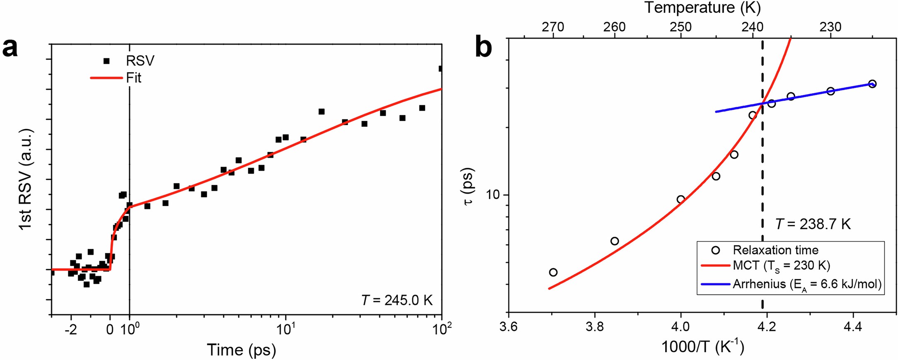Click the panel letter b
483,47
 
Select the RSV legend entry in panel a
140,61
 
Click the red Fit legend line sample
106,78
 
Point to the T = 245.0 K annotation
397,300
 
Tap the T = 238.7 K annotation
813,224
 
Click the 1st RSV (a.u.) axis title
26,179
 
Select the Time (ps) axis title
242,350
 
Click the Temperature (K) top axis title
702,7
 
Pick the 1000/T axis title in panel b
702,347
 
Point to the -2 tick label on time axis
71,330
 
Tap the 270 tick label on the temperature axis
553,27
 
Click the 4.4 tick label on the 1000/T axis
852,327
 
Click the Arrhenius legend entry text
807,284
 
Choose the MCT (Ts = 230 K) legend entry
781,266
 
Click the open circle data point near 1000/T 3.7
553,272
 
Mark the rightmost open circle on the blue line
872,84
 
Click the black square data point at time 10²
441,69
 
